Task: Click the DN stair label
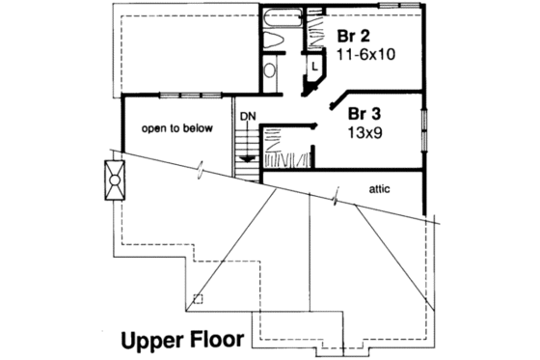pyautogui.click(x=247, y=117)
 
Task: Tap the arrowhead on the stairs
pyautogui.click(x=248, y=155)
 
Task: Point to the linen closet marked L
pyautogui.click(x=315, y=66)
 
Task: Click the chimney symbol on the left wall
pyautogui.click(x=112, y=180)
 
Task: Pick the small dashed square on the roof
pyautogui.click(x=198, y=299)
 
